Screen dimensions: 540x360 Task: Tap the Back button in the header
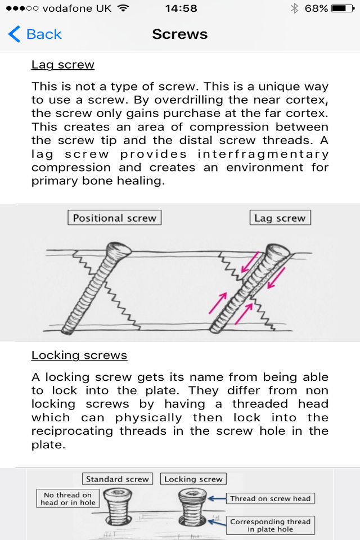[35, 34]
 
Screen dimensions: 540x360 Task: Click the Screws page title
[180, 34]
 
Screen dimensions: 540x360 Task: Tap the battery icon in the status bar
[343, 9]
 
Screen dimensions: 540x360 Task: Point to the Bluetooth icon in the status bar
[294, 9]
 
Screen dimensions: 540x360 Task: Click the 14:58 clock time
[181, 9]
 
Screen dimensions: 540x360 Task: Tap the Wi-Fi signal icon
[124, 9]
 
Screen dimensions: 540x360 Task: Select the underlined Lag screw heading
[63, 65]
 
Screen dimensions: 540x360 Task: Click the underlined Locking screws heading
[79, 355]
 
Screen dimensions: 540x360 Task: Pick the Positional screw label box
[114, 218]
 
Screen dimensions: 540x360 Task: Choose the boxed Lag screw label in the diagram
[280, 218]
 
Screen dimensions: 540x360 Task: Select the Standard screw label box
[118, 479]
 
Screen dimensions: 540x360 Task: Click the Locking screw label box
[193, 479]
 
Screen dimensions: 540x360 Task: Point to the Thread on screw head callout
[270, 498]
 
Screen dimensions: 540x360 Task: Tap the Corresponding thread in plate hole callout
[271, 525]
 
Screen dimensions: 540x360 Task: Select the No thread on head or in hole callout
[68, 499]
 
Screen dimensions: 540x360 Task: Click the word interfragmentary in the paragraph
[263, 154]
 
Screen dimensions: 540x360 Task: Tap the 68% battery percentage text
[317, 9]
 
